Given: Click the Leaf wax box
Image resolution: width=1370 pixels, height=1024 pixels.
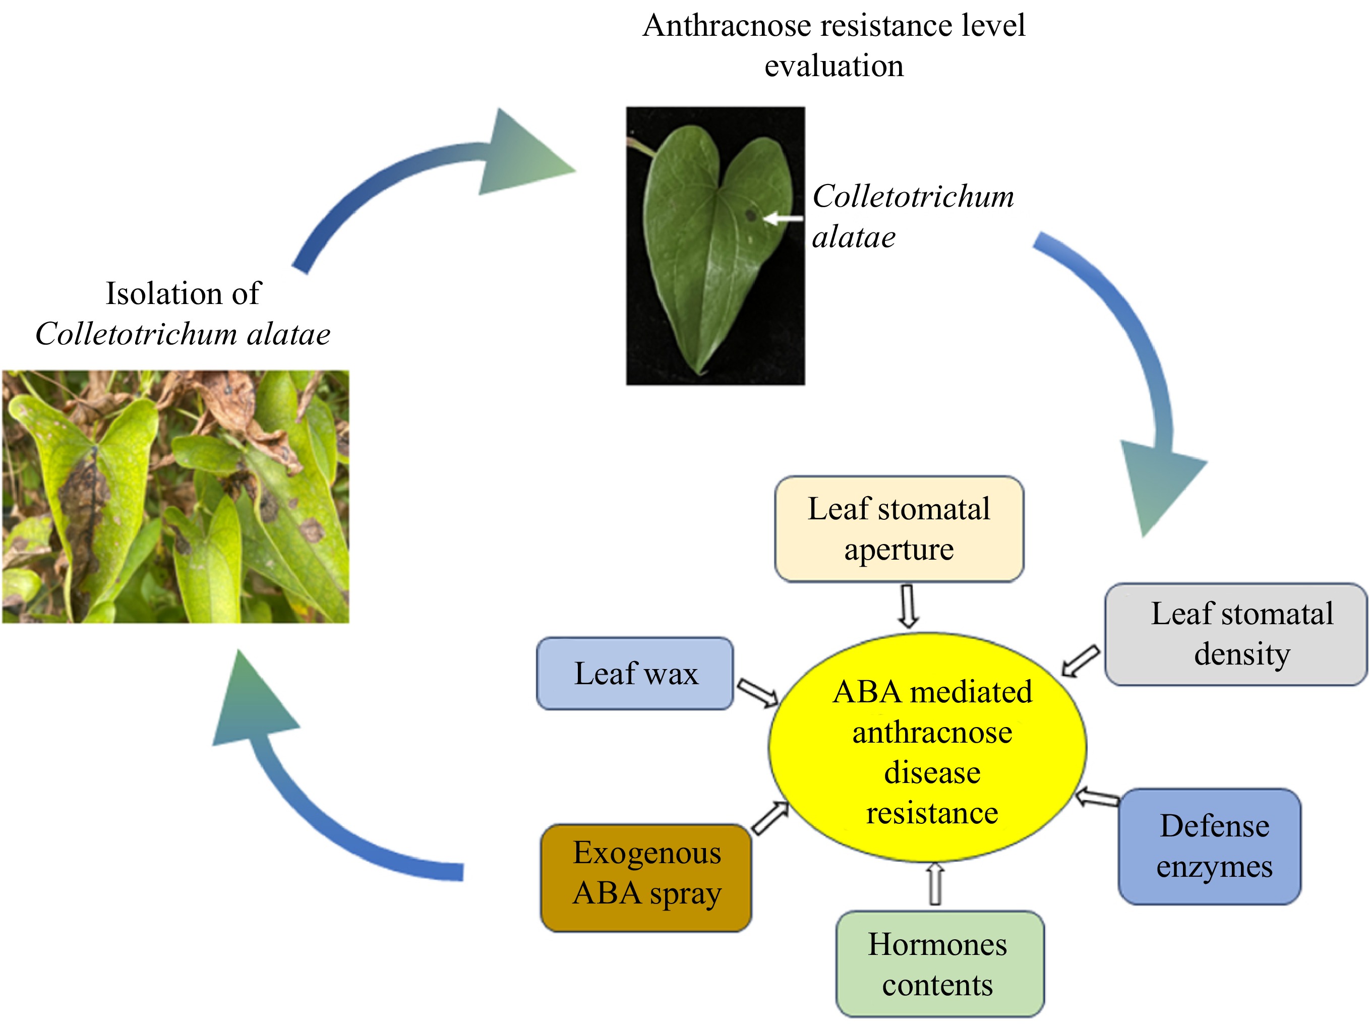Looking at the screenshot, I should [x=635, y=674].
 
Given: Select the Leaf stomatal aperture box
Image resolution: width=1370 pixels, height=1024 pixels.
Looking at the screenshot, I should [x=899, y=529].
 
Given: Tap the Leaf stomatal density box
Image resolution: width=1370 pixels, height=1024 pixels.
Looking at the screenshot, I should [x=1235, y=634].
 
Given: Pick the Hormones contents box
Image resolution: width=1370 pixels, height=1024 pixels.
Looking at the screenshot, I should [x=939, y=963].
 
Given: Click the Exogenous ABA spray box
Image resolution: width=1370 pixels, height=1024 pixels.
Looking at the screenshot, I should [x=646, y=877].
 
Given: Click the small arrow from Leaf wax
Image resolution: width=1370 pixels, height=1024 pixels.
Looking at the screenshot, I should [x=757, y=692].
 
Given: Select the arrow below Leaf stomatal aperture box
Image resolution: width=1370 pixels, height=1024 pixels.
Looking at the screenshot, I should [x=908, y=606].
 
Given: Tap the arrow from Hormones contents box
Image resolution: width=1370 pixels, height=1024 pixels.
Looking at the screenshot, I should [x=935, y=883].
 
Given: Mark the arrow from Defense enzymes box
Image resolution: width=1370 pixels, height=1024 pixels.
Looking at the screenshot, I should [x=1098, y=799].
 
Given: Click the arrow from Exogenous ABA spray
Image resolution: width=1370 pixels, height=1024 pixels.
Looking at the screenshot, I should [x=770, y=818].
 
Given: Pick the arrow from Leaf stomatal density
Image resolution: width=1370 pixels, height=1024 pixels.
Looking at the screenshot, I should [x=1080, y=661].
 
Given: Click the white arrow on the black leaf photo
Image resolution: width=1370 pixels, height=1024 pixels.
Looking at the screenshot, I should [x=784, y=218].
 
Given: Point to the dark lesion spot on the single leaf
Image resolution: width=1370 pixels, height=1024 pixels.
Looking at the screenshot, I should [x=751, y=215].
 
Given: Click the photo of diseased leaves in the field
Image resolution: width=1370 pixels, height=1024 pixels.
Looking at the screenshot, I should [x=176, y=497].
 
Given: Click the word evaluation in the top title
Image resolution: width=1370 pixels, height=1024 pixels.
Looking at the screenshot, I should [x=833, y=66].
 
